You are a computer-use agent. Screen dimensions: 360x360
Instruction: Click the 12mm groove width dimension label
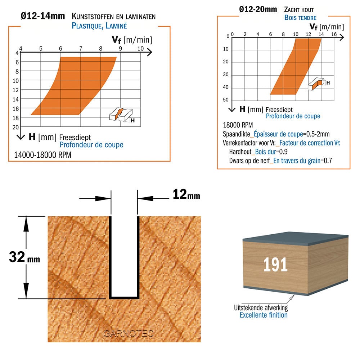click(186, 194)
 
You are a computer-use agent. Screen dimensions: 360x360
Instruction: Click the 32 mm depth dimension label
click(24, 257)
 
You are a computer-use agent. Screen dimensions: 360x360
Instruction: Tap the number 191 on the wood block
click(275, 265)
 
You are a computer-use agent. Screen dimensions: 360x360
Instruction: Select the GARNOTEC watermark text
click(129, 333)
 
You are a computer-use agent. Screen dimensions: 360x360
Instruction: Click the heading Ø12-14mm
click(43, 16)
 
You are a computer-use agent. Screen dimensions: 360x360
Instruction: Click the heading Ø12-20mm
click(258, 9)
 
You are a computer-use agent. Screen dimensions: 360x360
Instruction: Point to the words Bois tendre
click(300, 18)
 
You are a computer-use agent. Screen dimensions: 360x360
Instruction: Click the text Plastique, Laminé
click(99, 26)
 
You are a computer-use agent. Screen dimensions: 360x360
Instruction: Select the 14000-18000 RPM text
click(43, 155)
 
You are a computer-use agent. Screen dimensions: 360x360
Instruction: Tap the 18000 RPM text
click(238, 125)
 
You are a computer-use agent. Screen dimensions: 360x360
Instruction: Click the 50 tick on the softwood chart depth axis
click(226, 100)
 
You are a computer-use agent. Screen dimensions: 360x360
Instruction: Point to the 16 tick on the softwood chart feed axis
click(334, 34)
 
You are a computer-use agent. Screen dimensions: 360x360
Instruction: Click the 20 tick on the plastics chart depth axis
click(15, 127)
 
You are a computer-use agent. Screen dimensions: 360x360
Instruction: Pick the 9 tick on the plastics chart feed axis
click(120, 49)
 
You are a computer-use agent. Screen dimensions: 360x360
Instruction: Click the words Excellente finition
click(264, 315)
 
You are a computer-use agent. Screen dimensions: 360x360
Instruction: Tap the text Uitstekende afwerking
click(261, 308)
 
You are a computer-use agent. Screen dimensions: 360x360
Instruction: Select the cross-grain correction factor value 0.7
click(328, 161)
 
